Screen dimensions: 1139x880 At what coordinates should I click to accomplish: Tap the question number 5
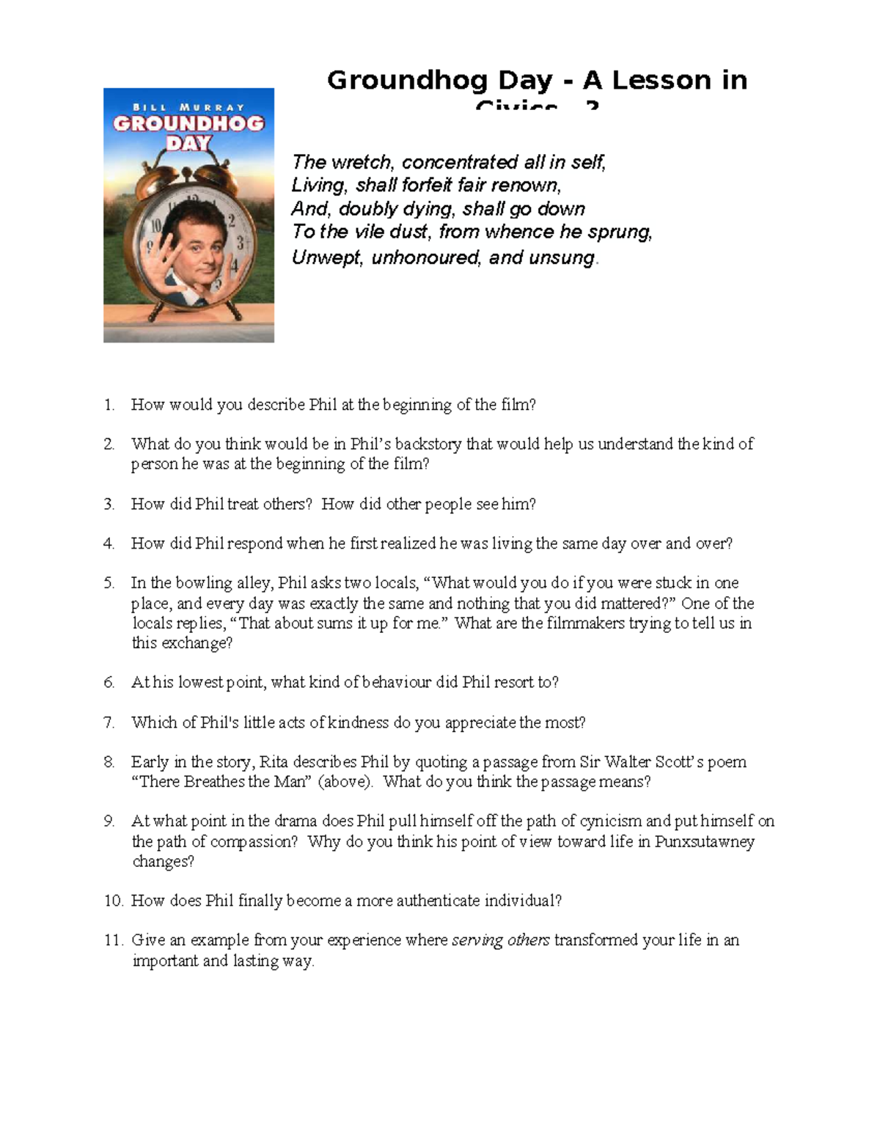coord(109,583)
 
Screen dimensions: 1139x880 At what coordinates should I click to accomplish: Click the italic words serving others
coord(500,940)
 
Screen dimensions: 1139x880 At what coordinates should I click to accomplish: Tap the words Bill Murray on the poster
coord(188,107)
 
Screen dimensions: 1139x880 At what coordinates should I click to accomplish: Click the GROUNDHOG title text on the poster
coord(188,123)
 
